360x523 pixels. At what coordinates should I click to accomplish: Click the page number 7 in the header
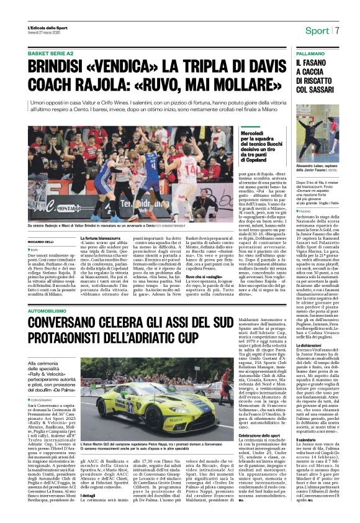click(338, 30)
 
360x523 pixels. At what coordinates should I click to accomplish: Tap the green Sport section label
click(317, 30)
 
